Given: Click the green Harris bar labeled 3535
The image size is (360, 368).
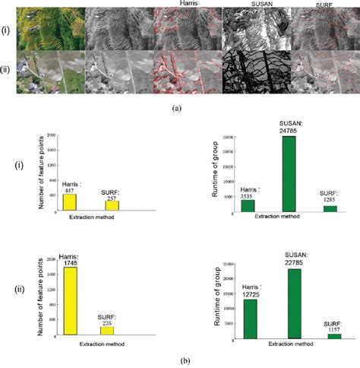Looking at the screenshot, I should (248, 205).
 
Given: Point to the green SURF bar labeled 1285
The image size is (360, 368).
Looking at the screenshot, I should (329, 208).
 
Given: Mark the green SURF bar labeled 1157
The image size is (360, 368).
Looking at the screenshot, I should (334, 335).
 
